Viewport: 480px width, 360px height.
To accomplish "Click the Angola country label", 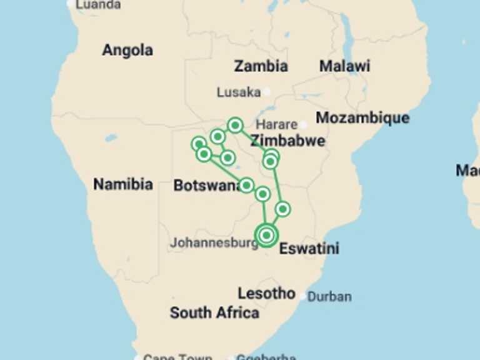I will click(x=127, y=50).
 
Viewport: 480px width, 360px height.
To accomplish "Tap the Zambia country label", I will click(x=261, y=66).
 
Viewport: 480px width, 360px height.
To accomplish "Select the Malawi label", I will click(x=344, y=66).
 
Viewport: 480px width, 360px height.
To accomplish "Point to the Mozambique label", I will click(x=362, y=117).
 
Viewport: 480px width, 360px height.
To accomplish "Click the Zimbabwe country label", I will click(x=287, y=141).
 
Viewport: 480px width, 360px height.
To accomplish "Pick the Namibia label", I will click(x=122, y=184).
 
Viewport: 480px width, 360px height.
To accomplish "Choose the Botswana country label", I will click(x=206, y=186).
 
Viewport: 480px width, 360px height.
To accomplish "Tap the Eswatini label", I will click(x=309, y=248).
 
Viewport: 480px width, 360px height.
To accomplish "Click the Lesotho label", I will click(x=266, y=293).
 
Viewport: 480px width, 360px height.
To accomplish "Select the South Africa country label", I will click(x=214, y=312).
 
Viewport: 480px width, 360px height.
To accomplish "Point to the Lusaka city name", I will click(x=238, y=92).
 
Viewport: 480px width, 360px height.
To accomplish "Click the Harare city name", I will click(x=276, y=124).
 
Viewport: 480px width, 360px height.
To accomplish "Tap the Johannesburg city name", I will click(x=214, y=243).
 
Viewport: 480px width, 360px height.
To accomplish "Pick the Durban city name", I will click(x=329, y=297).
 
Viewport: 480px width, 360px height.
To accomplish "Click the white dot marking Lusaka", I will click(x=267, y=92).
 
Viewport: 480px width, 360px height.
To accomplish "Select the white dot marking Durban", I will click(x=303, y=296).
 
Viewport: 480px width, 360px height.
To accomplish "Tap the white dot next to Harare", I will click(x=304, y=124).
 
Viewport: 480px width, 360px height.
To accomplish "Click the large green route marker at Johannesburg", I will click(x=267, y=236).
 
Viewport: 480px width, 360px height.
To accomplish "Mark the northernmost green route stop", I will click(x=235, y=125).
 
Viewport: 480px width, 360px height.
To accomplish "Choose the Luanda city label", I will click(x=97, y=5).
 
